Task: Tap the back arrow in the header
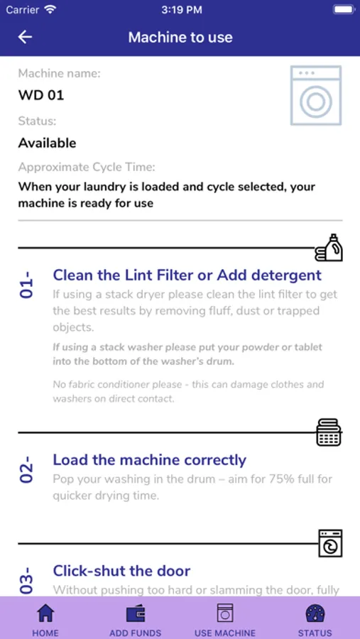tap(25, 37)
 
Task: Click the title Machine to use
tap(180, 37)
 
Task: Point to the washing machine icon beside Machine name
tap(316, 95)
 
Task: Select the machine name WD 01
tap(41, 95)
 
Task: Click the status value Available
tap(48, 143)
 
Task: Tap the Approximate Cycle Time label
tap(87, 168)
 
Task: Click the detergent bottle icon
tap(329, 247)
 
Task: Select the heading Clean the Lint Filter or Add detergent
tap(187, 275)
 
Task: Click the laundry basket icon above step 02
tap(329, 432)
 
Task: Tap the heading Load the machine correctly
tap(150, 460)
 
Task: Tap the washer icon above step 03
tap(330, 543)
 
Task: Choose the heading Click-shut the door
tap(121, 571)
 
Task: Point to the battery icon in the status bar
tap(343, 10)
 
